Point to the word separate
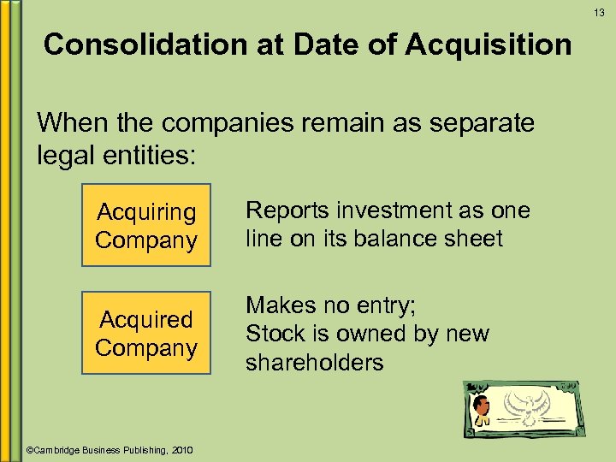coord(474,123)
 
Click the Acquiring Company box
coord(145,226)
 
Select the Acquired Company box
coord(145,334)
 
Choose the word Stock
coord(275,334)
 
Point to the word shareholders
coord(314,363)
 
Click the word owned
coord(370,334)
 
